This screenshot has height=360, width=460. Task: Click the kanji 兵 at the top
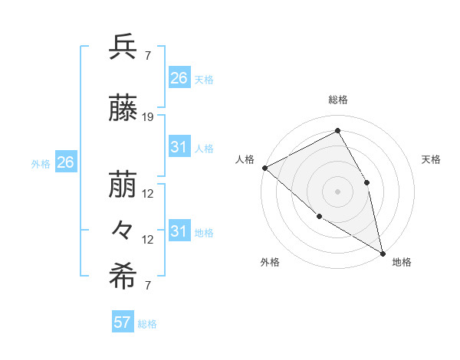[x=123, y=47]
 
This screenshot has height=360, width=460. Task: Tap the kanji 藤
[x=123, y=109]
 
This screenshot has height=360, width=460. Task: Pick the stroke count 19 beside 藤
[x=149, y=117]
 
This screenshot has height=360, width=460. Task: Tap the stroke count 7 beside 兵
[x=148, y=56]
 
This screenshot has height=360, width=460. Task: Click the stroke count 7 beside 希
[x=148, y=286]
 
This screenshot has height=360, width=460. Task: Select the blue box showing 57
[x=123, y=322]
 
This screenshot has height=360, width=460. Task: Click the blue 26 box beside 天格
[x=179, y=77]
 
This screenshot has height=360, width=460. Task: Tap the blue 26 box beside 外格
[x=66, y=162]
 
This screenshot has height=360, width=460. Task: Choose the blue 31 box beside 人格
[x=179, y=147]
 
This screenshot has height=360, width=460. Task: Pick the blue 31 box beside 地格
[x=179, y=231]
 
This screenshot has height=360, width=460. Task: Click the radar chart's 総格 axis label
[x=338, y=100]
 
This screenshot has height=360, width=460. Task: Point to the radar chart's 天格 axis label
[x=431, y=159]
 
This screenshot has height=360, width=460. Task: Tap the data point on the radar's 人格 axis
[x=264, y=168]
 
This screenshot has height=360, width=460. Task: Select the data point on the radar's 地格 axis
[x=383, y=253]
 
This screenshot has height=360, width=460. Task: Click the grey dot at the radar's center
[x=337, y=191]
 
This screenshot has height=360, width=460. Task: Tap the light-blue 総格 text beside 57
[x=147, y=324]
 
